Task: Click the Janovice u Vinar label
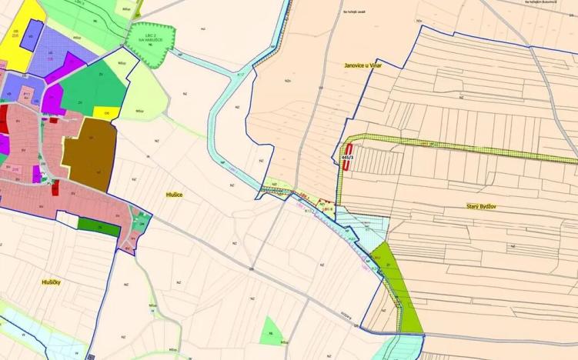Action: tap(363, 66)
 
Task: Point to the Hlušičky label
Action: tap(56, 282)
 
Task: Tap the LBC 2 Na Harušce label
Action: tap(149, 38)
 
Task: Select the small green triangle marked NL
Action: tap(270, 332)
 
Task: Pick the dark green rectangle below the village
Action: tap(99, 227)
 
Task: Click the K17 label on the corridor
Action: tap(240, 75)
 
